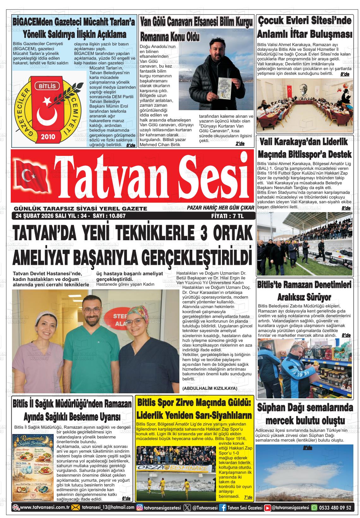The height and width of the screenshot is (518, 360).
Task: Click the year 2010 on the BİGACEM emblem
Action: click(x=48, y=137)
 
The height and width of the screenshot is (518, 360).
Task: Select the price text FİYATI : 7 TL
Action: click(x=227, y=216)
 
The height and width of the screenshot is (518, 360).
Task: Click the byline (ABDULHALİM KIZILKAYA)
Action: click(x=210, y=388)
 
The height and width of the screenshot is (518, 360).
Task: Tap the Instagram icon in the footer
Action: click(x=139, y=508)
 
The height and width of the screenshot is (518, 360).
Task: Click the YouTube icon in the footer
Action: click(x=267, y=508)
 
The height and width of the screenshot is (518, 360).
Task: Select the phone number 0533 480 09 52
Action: click(x=335, y=508)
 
